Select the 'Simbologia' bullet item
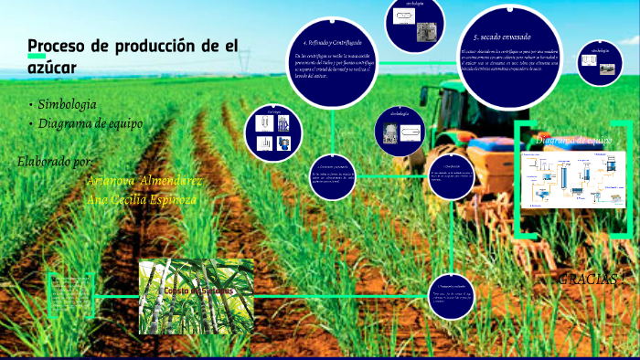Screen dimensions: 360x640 coord(67,104)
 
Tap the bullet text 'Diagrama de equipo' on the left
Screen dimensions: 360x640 coord(90,123)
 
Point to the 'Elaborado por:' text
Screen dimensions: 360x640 coord(55,162)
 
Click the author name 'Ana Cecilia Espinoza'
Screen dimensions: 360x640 coord(141,198)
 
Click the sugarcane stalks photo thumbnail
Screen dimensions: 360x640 coord(197,296)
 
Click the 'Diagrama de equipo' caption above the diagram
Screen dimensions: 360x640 coord(573,140)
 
